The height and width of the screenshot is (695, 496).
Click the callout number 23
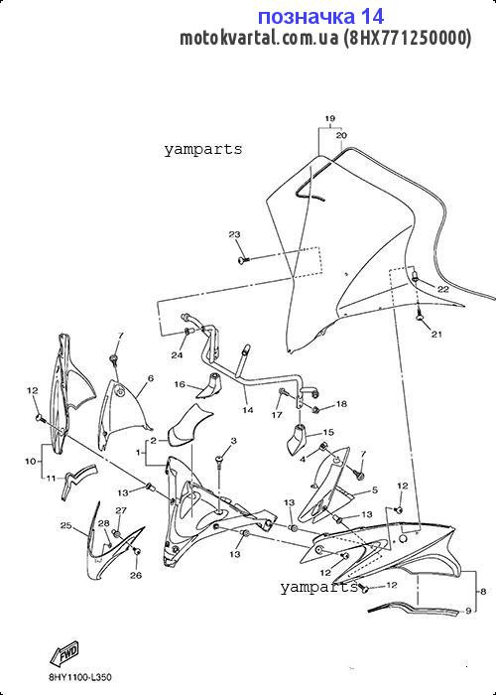point(234,234)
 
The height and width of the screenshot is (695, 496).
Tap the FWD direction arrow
point(64,654)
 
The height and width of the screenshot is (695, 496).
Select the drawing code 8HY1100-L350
point(80,677)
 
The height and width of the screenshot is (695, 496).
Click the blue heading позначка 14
point(320,17)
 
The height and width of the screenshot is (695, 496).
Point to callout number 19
point(330,118)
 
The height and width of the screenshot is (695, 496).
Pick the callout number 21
point(436,335)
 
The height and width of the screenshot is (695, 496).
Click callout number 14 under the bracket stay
point(248,410)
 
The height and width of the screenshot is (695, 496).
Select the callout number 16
point(180,384)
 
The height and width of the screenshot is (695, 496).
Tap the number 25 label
point(66,526)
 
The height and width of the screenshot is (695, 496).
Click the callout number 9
point(468,612)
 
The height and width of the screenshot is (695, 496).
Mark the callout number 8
point(483,591)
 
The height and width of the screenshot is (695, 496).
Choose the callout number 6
point(151,378)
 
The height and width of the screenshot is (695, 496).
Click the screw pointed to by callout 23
point(243,259)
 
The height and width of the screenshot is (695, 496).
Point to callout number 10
point(30,462)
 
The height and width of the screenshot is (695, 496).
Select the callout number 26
point(136,575)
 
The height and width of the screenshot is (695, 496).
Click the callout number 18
point(341,404)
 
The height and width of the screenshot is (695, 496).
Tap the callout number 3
point(233,440)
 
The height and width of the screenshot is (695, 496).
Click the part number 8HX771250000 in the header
point(407,39)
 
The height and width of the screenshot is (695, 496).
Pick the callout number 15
point(328,432)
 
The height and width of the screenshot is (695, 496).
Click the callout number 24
point(178,355)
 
